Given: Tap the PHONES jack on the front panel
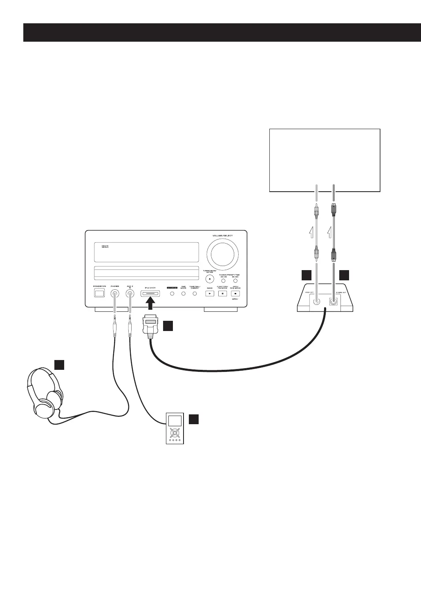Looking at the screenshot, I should [115, 293].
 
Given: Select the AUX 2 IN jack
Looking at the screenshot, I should [130, 293].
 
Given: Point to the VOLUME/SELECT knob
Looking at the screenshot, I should [223, 254].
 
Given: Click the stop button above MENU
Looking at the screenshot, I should [235, 293].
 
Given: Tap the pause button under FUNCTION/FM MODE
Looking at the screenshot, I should [222, 293].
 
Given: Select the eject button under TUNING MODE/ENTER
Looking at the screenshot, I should [210, 280].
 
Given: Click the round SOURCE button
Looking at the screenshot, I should [172, 293].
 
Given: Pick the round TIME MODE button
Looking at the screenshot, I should [184, 293].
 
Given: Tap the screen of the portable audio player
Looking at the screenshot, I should [174, 421].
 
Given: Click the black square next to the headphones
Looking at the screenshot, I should [59, 365].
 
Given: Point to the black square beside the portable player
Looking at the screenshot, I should [194, 419].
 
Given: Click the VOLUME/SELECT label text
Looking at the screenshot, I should [222, 236].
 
